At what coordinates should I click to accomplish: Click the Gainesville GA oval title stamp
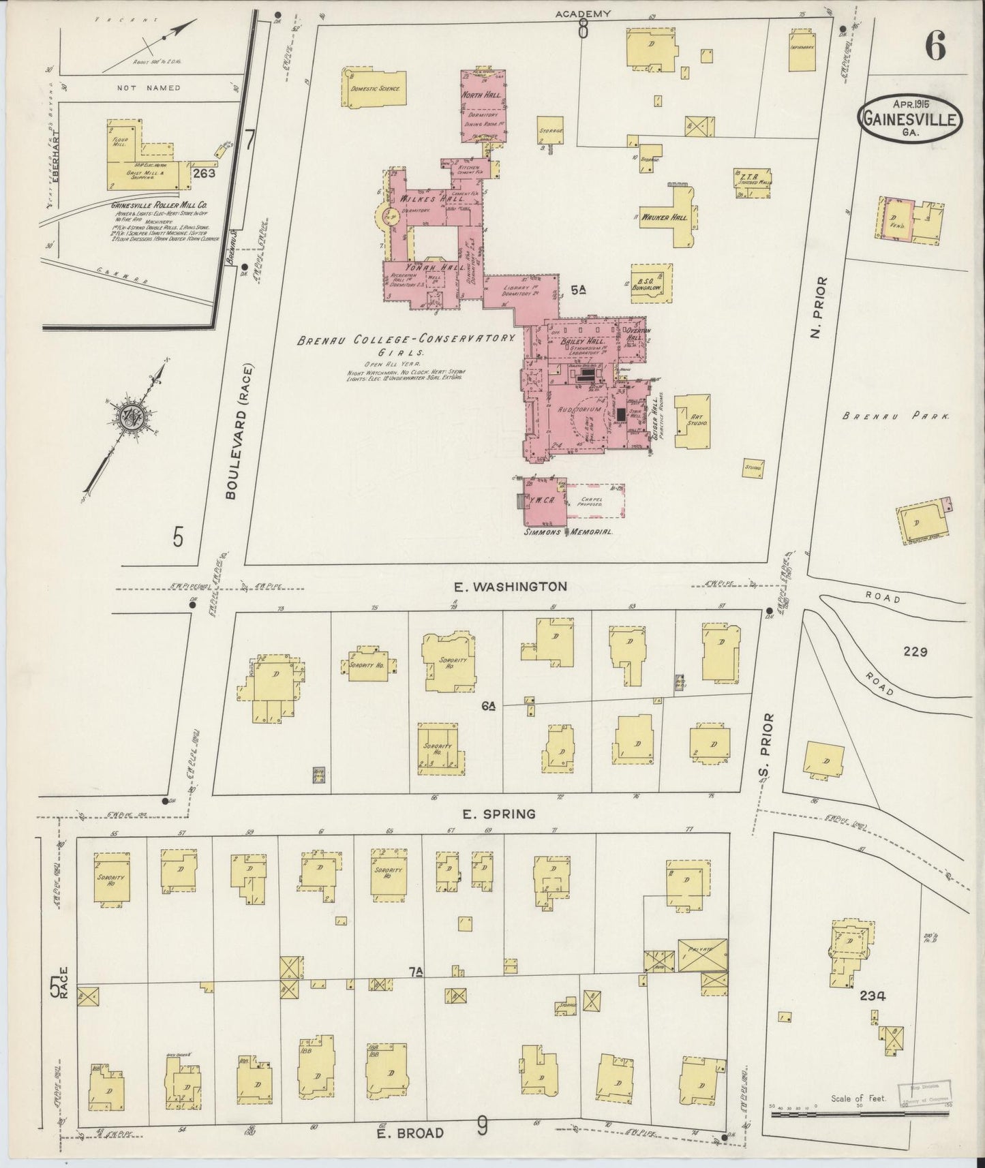tap(909, 119)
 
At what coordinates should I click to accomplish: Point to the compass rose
tap(128, 417)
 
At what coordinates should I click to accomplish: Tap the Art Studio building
tap(693, 420)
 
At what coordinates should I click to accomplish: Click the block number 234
tap(873, 996)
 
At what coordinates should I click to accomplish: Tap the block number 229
tap(915, 652)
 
